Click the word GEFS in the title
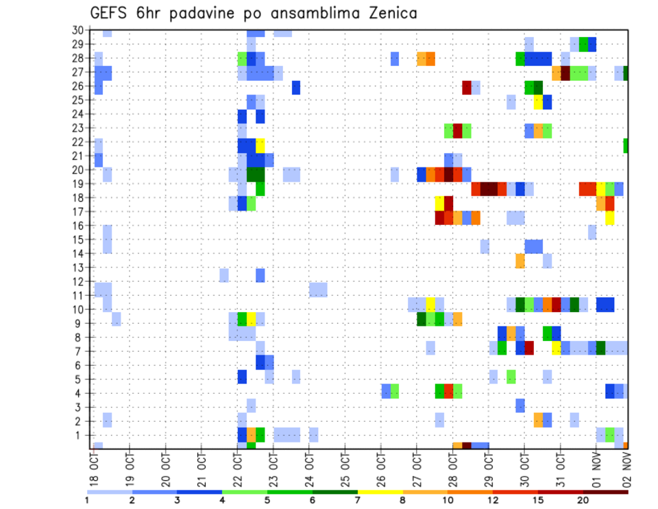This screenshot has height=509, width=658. click(112, 14)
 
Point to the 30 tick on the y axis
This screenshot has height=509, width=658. click(77, 29)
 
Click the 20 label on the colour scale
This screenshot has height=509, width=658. click(582, 500)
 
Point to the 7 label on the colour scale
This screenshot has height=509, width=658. click(356, 500)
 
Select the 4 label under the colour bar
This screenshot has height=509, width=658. click(222, 500)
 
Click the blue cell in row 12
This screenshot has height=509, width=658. click(260, 275)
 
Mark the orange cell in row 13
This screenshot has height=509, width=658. click(520, 261)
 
